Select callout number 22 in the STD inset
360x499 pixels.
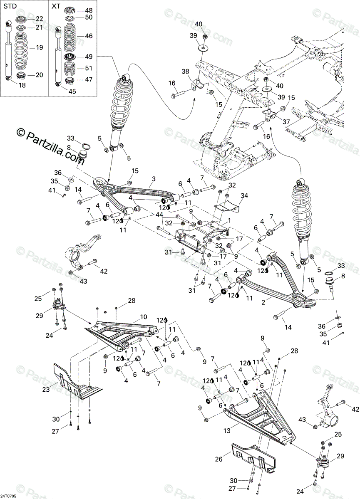(39, 18)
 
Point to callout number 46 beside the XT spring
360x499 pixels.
(89, 36)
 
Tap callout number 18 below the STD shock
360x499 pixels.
(11, 85)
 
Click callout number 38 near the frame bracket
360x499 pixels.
(185, 71)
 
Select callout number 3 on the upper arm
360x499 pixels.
(154, 179)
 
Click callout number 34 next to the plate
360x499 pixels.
(244, 195)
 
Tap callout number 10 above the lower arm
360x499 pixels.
(144, 317)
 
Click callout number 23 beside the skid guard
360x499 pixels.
(46, 390)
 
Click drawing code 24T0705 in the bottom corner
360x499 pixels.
(9, 496)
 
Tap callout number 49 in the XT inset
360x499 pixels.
(89, 57)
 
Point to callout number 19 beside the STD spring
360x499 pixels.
(39, 48)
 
